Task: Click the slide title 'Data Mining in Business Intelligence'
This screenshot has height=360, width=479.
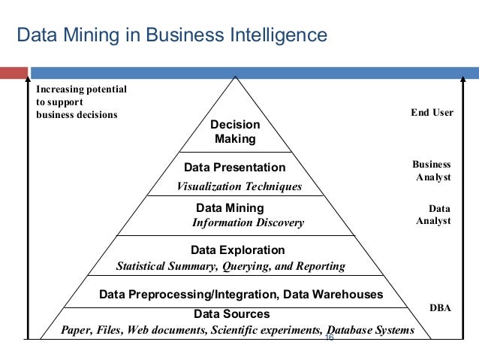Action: click(x=172, y=35)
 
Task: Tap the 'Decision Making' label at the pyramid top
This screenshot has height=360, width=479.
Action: click(x=235, y=132)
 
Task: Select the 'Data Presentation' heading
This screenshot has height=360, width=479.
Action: click(x=235, y=167)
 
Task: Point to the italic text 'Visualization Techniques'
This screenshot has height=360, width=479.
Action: click(x=239, y=186)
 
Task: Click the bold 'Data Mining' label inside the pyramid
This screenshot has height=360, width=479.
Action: click(x=230, y=207)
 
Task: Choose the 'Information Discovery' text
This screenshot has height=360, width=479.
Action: click(x=248, y=222)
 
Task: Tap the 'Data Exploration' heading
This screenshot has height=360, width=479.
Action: click(x=239, y=250)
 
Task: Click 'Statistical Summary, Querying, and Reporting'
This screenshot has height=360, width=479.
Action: click(x=231, y=266)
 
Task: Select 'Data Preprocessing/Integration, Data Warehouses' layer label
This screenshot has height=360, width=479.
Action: click(x=241, y=295)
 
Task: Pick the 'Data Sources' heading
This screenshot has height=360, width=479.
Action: click(x=231, y=313)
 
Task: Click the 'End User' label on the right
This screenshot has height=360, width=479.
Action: click(x=432, y=113)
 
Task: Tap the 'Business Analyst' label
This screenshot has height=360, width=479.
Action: click(x=432, y=171)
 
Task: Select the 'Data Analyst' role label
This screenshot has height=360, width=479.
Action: click(x=433, y=214)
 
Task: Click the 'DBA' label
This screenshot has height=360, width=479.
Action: click(x=440, y=308)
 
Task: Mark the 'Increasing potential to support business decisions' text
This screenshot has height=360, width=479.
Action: click(x=81, y=101)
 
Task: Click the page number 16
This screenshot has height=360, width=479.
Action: click(x=329, y=339)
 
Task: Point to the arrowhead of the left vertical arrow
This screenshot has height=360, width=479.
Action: click(x=29, y=79)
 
